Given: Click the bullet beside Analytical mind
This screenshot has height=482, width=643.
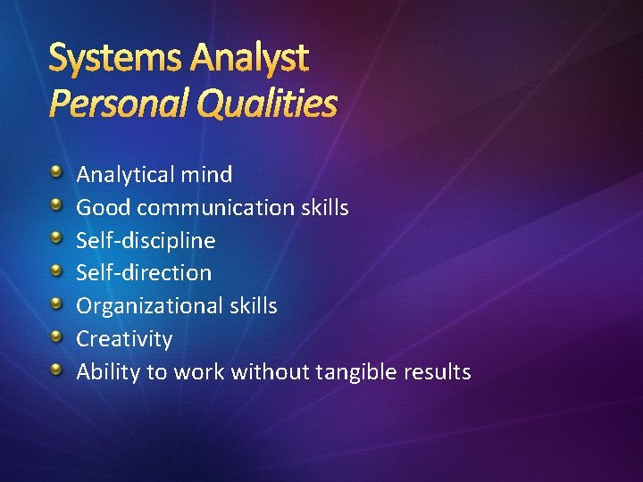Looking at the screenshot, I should [57, 171].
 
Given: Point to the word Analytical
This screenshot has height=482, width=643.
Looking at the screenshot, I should [123, 174].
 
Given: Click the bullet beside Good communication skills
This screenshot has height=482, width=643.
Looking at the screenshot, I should [57, 205].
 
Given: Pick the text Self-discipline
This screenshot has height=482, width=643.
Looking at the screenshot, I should [146, 241].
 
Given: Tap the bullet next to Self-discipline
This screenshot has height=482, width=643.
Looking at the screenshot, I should [57, 238].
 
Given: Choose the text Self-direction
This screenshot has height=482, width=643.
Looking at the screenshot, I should [144, 273].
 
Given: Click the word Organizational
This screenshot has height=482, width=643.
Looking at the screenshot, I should [147, 306].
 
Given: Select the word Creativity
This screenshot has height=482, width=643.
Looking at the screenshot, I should [124, 339].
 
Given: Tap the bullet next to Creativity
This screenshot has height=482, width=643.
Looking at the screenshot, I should [57, 337].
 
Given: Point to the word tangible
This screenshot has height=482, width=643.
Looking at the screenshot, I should [356, 372].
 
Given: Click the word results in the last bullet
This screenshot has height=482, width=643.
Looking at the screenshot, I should [437, 372].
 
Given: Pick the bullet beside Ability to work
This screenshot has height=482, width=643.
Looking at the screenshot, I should [57, 370].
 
